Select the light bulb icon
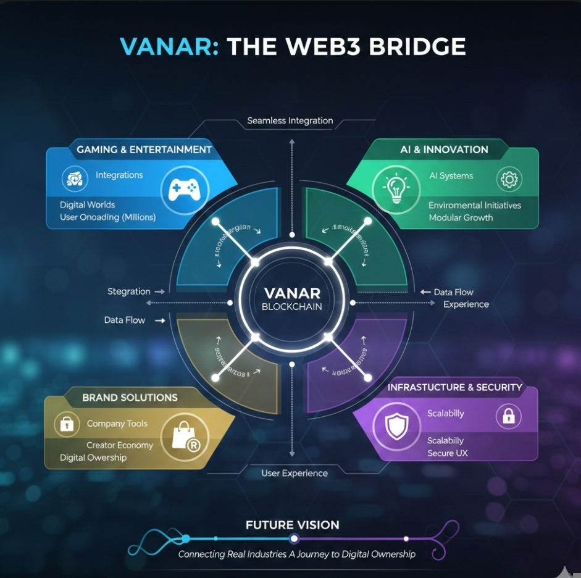[393, 188]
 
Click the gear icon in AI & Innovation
[509, 180]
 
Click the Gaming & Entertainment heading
[144, 149]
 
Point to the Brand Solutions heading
[130, 398]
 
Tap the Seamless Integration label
[290, 120]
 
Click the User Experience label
[295, 473]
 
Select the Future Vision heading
[293, 525]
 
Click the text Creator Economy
[120, 445]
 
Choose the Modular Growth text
[461, 217]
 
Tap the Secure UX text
[448, 453]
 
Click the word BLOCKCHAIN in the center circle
[291, 306]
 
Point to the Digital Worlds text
[87, 204]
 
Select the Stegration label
[128, 291]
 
